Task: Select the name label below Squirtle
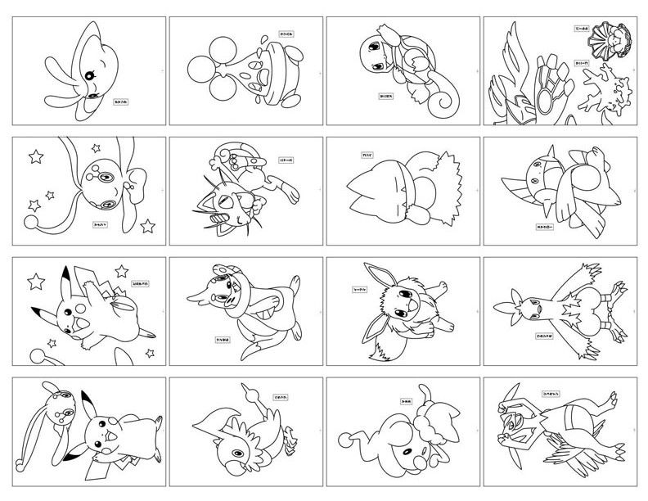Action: pyautogui.click(x=386, y=95)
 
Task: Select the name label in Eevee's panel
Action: pyautogui.click(x=359, y=288)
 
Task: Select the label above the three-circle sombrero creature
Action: pyautogui.click(x=264, y=34)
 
